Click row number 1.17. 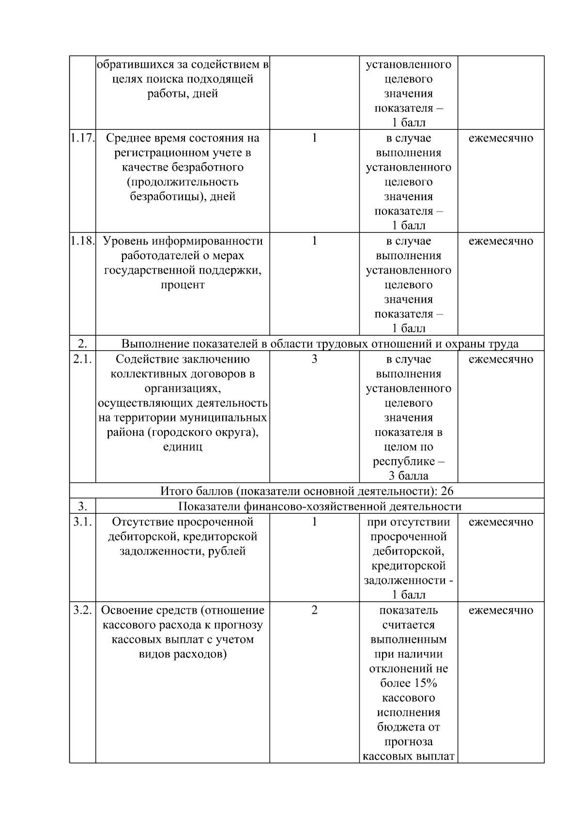pyautogui.click(x=82, y=138)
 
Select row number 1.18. pyautogui.click(x=82, y=241)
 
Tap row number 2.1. pyautogui.click(x=82, y=359)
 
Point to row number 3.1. pyautogui.click(x=82, y=522)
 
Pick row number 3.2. pyautogui.click(x=82, y=610)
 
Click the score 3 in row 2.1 pyautogui.click(x=314, y=359)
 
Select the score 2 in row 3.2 pyautogui.click(x=314, y=610)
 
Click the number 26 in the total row pyautogui.click(x=447, y=491)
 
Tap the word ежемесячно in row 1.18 pyautogui.click(x=501, y=241)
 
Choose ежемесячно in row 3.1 pyautogui.click(x=501, y=522)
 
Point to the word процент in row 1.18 pyautogui.click(x=183, y=285)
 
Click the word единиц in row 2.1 pyautogui.click(x=183, y=447)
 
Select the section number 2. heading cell pyautogui.click(x=82, y=344)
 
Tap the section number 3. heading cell pyautogui.click(x=82, y=507)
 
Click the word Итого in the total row pyautogui.click(x=175, y=491)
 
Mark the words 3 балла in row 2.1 pyautogui.click(x=408, y=476)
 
